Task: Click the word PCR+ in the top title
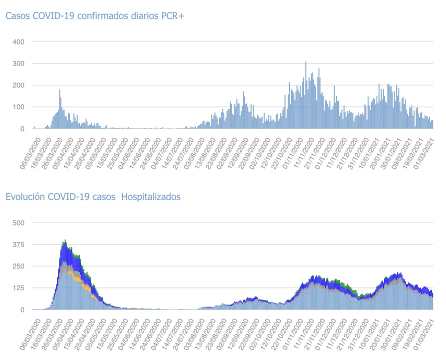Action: coord(172,16)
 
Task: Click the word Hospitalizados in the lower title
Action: coord(150,197)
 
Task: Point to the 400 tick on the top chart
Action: coord(18,42)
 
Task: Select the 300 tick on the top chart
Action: coord(18,63)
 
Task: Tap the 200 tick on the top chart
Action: coord(18,85)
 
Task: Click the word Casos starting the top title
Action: coord(17,16)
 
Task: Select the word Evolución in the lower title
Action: coord(24,197)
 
